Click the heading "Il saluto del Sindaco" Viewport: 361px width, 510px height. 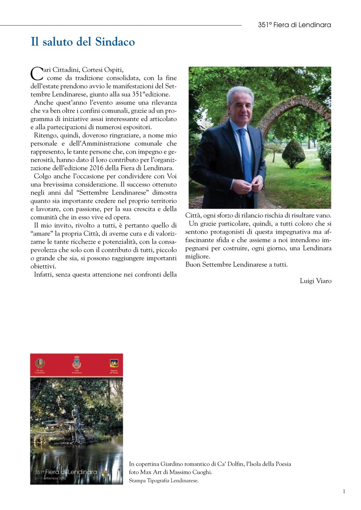tap(83, 42)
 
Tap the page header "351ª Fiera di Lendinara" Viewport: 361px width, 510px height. tap(294, 25)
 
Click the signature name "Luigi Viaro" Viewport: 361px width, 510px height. tap(316, 281)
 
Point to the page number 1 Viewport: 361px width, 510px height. tap(344, 492)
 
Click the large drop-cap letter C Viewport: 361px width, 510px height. tap(37, 73)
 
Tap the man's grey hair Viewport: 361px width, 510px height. tap(240, 93)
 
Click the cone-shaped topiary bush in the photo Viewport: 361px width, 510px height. tap(294, 154)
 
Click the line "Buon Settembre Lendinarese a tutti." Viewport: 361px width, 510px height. tap(236, 264)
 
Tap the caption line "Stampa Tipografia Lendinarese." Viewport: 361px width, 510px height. tap(164, 481)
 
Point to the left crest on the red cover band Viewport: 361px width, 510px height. tap(40, 363)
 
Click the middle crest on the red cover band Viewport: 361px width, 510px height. tap(77, 363)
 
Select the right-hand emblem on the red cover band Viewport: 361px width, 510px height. tap(114, 363)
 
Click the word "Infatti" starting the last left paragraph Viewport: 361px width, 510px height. tap(44, 274)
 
